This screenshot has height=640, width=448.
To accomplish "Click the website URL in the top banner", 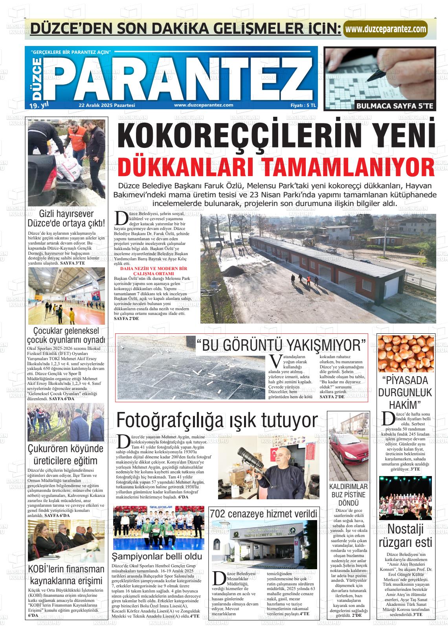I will pos(385,29).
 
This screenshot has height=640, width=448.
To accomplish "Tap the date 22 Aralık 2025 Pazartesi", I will pos(107,105).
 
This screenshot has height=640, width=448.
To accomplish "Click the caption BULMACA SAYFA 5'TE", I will pos(395,106).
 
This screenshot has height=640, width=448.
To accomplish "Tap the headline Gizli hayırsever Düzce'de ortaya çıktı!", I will pos(66,219).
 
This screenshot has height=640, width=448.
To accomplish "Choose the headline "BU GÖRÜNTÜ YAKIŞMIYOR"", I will pos(281,346).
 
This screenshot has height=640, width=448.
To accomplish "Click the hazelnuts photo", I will pos(406,354).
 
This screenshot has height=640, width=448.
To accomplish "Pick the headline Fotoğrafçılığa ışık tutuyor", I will pos(217,420).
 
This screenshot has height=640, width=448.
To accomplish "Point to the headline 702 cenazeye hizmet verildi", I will pos(263,513).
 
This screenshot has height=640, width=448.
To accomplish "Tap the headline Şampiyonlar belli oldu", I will pos(157,556).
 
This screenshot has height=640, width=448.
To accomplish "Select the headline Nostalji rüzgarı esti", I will pos(406,535).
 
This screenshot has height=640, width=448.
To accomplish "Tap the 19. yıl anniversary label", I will pos(39,105).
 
